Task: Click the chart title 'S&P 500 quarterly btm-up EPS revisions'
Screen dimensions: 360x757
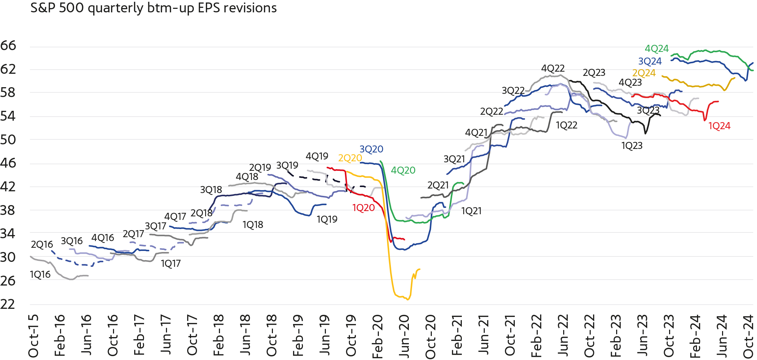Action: pos(153,8)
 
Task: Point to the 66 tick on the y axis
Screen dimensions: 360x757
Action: pos(8,46)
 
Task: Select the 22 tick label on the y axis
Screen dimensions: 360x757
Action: pos(8,304)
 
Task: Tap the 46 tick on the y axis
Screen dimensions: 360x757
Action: pos(8,163)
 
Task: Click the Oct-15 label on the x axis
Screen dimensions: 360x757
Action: pos(34,336)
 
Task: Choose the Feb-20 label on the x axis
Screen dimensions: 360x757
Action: pos(377,336)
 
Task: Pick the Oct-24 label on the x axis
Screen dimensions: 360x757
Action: pos(748,336)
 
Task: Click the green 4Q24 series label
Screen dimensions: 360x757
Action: pos(656,49)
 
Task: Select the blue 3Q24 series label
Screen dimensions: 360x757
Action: pos(650,61)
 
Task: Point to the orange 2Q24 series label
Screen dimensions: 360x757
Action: pos(644,73)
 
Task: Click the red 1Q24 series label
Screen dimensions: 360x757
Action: pos(719,126)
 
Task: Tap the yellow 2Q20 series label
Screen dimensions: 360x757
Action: pos(350,158)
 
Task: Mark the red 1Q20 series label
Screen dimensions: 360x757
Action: pos(363,208)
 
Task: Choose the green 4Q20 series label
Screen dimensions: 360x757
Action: pos(403,170)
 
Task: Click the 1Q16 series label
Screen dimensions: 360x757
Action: pos(40,275)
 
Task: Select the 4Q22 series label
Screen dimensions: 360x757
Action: pos(553,68)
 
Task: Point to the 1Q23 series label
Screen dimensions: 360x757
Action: pos(632,146)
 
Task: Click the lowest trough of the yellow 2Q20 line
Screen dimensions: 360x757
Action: pos(408,300)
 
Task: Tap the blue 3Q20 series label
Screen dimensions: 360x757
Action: pos(371,149)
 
